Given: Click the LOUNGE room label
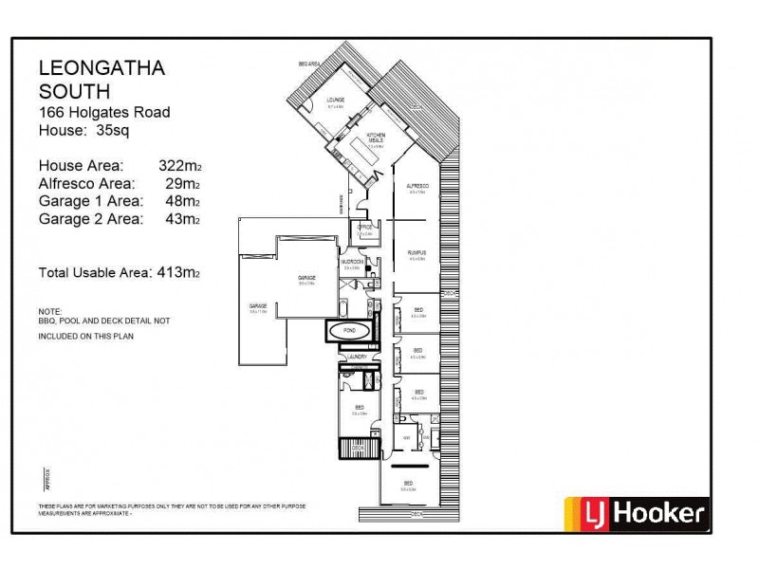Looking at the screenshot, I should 335,99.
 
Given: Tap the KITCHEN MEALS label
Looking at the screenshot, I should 377,138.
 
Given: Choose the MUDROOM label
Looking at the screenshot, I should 353,262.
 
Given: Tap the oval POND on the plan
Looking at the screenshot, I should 350,331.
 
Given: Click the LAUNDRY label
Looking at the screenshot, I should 357,357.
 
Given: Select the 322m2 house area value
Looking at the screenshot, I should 178,164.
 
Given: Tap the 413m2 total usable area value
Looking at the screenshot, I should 178,273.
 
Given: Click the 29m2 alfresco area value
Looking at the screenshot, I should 182,182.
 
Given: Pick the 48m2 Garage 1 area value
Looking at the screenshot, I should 182,201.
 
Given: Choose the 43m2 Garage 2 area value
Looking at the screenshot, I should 182,219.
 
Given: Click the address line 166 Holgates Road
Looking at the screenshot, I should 104,112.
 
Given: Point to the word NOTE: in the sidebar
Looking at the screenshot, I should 50,311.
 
